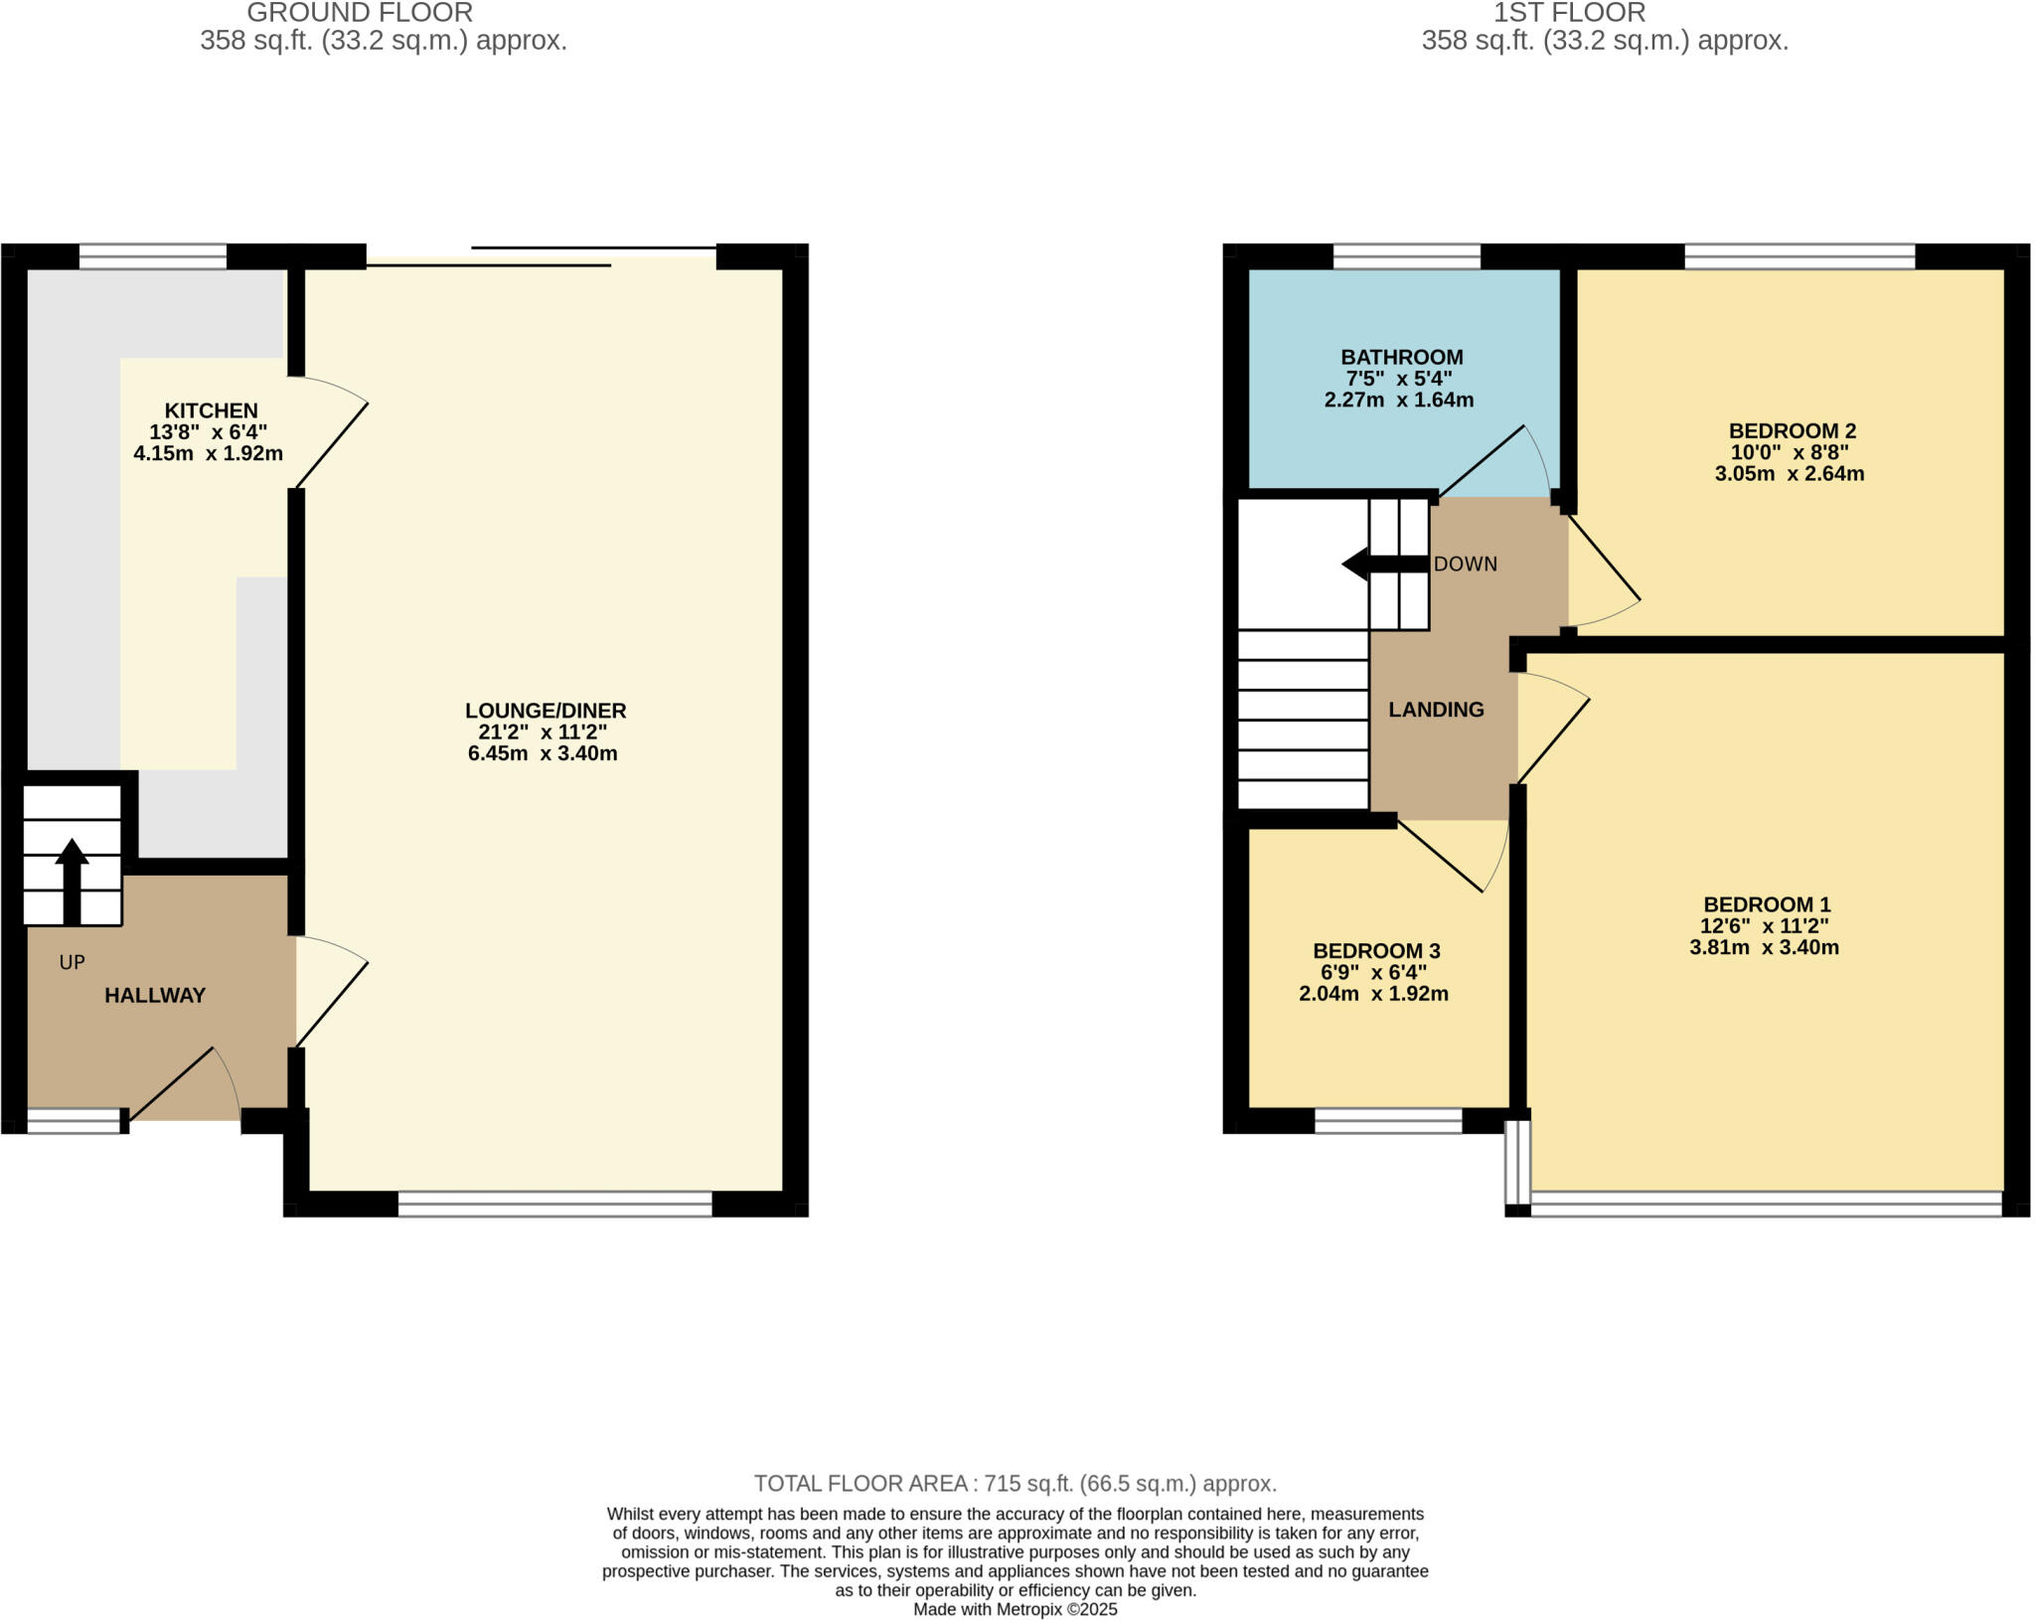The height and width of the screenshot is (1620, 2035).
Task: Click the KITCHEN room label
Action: (211, 410)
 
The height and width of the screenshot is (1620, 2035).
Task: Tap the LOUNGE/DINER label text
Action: (546, 711)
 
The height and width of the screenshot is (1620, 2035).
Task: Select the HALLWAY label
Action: (155, 995)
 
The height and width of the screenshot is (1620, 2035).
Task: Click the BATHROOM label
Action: (1401, 357)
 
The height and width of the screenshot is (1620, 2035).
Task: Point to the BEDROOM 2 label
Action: (1792, 430)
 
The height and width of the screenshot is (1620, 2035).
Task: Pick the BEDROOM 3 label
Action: (1376, 951)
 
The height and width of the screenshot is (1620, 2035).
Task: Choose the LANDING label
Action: (1436, 710)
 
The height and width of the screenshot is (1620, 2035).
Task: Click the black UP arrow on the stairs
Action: (72, 880)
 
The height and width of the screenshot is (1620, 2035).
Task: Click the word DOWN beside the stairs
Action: (1465, 564)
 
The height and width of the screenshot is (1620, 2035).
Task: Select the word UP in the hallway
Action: (72, 962)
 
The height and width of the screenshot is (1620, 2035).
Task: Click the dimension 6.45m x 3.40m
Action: (543, 753)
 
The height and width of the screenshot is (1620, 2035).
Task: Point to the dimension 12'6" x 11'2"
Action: (1764, 926)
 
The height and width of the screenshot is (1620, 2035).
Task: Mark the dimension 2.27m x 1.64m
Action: (1398, 401)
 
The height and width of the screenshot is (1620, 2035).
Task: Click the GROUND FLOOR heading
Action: (360, 13)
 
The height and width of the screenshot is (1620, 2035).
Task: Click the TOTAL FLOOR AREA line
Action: (1015, 1484)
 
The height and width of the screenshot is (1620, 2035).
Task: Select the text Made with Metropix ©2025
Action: (1015, 1609)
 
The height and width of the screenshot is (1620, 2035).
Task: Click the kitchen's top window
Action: (153, 257)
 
